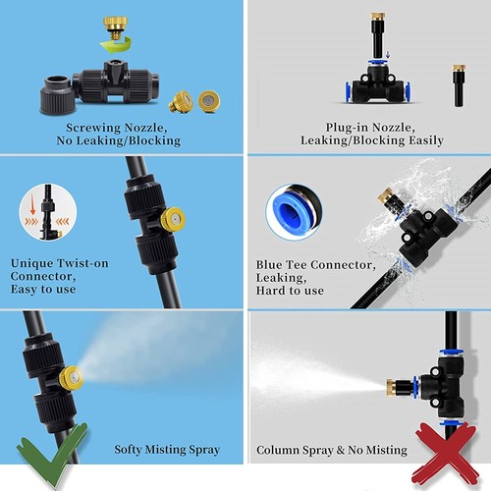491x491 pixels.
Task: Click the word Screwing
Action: (x=95, y=127)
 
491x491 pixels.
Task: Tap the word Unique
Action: (x=36, y=262)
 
